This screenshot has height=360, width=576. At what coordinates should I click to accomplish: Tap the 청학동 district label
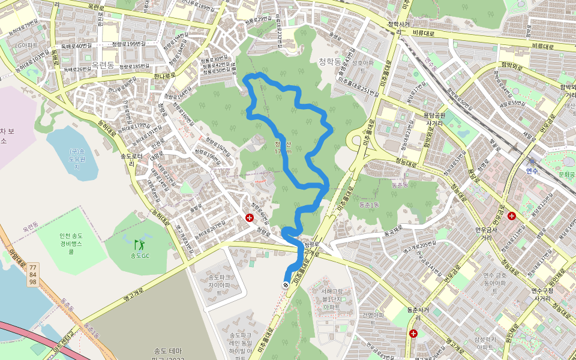click(329, 61)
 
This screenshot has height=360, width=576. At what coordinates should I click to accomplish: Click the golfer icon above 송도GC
click(139, 245)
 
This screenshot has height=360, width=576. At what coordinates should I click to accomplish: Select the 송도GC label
click(140, 256)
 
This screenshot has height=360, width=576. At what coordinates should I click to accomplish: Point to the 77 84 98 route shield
click(33, 274)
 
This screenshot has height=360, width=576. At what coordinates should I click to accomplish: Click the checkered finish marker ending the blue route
click(286, 285)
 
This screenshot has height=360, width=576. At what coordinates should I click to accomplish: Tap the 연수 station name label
click(532, 171)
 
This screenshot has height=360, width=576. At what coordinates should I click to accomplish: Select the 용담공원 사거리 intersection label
click(433, 118)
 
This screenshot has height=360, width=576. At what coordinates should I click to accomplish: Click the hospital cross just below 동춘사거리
click(413, 333)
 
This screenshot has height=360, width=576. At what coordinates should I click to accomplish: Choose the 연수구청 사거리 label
click(542, 295)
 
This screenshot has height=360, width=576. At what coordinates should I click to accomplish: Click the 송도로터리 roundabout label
click(131, 159)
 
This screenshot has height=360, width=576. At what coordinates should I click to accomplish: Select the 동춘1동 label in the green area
click(369, 205)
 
